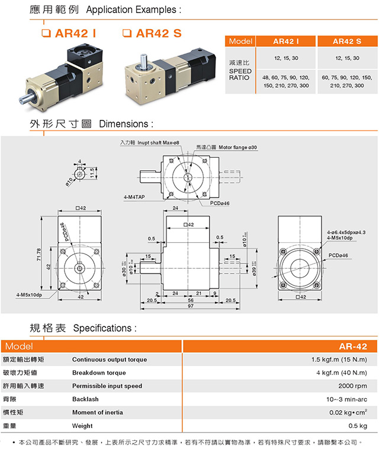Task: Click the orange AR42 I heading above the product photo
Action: click(76, 33)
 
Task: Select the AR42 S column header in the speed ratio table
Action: click(347, 42)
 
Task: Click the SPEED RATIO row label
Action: click(240, 74)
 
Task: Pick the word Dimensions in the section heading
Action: click(126, 124)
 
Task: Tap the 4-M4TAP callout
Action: click(134, 196)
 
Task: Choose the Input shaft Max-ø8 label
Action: click(150, 143)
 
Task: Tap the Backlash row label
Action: click(85, 399)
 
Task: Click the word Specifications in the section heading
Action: click(104, 328)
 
